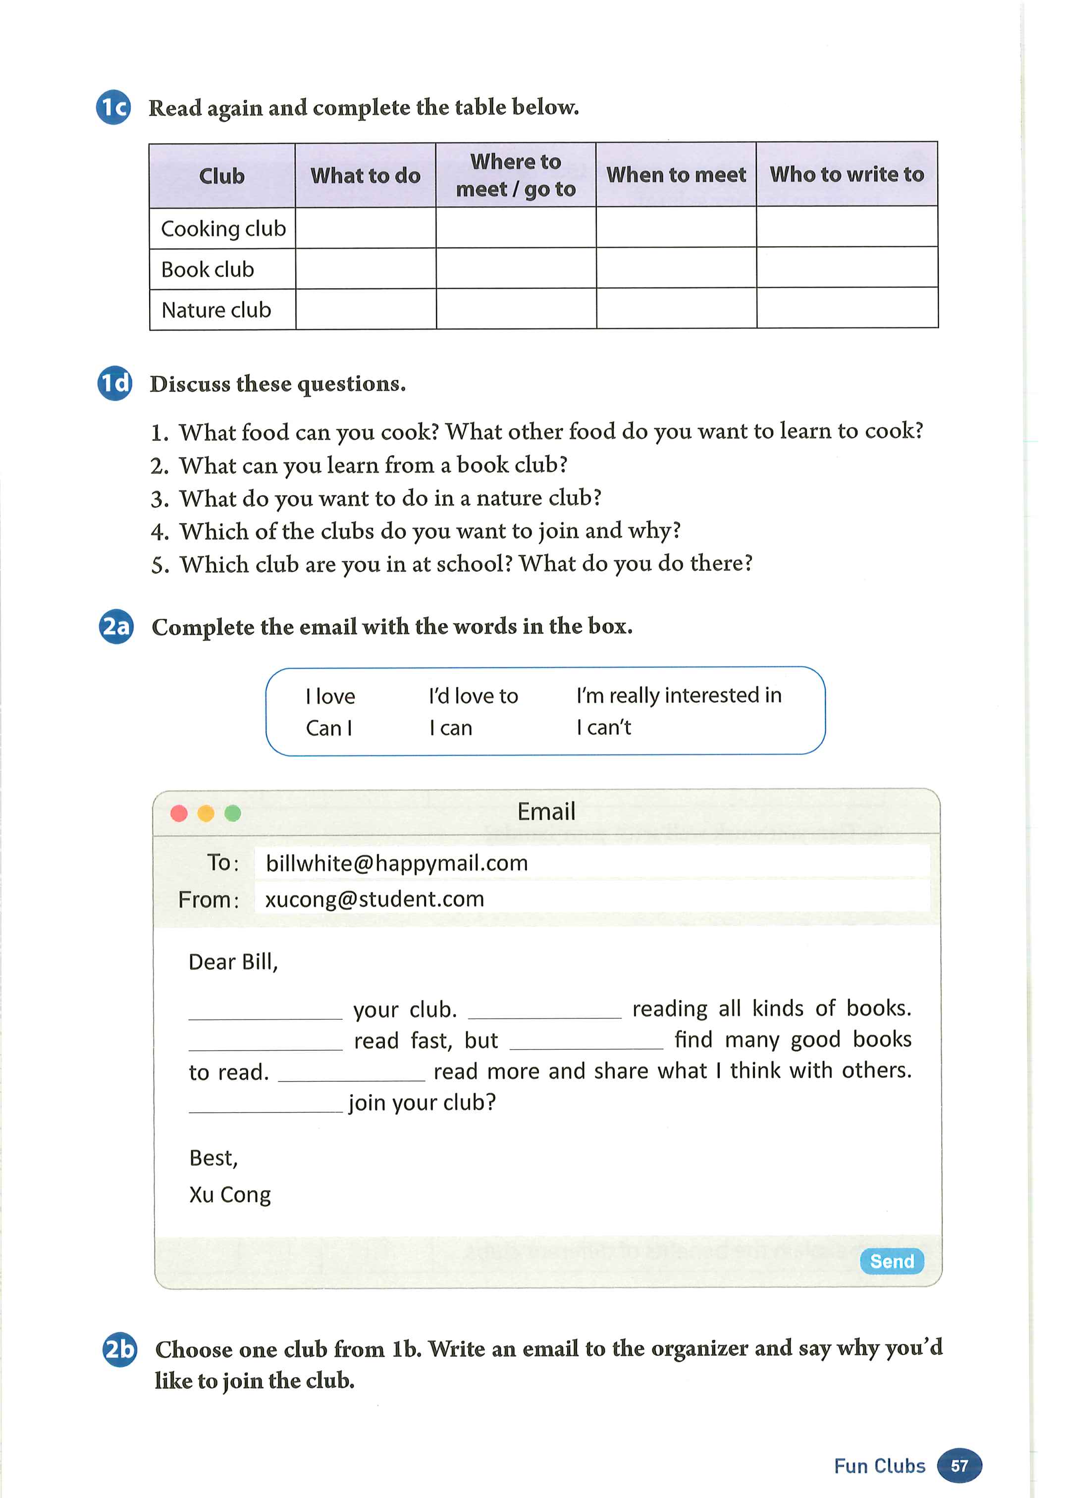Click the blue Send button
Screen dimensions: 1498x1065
click(891, 1261)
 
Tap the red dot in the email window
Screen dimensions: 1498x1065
click(179, 813)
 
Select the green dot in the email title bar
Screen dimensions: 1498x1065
click(233, 813)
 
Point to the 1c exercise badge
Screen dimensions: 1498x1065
click(113, 107)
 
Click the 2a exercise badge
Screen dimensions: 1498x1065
click(116, 626)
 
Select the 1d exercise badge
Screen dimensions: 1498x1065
click(115, 383)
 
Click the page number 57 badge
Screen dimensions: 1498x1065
click(959, 1466)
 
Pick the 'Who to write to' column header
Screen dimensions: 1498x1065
click(847, 174)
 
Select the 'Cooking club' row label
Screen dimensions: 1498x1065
click(223, 229)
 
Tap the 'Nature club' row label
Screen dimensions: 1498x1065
click(216, 310)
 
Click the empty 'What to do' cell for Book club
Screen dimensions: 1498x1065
click(365, 269)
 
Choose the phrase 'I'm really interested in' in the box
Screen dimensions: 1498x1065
click(679, 695)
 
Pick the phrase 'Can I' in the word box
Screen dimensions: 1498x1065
click(329, 728)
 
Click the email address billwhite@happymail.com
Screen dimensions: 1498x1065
click(397, 863)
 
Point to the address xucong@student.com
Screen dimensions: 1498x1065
click(374, 899)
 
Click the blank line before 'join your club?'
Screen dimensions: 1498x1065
click(266, 1103)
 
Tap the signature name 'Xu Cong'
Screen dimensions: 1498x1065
click(229, 1194)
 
